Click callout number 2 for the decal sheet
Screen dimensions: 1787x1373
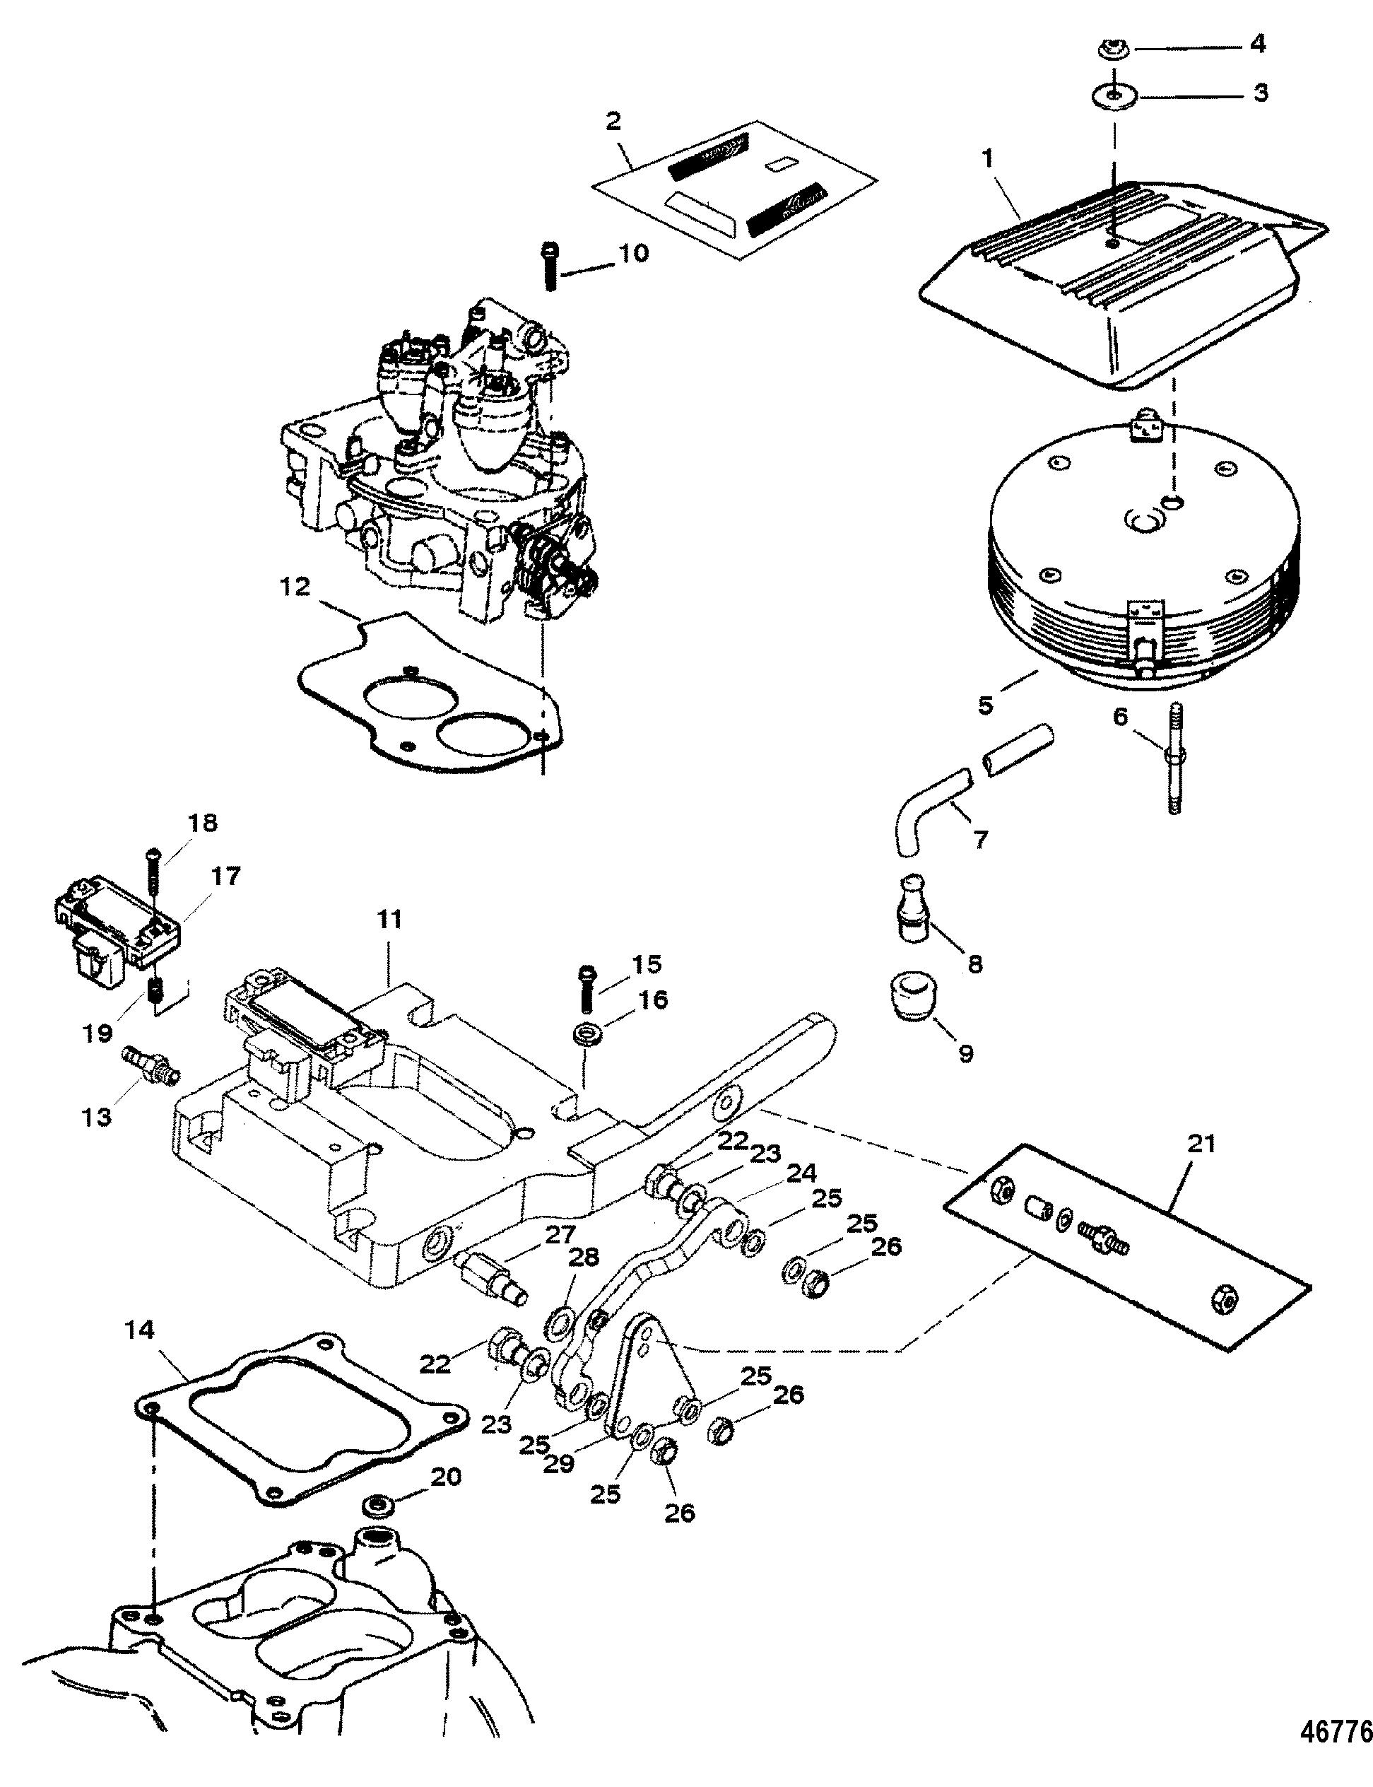(613, 122)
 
